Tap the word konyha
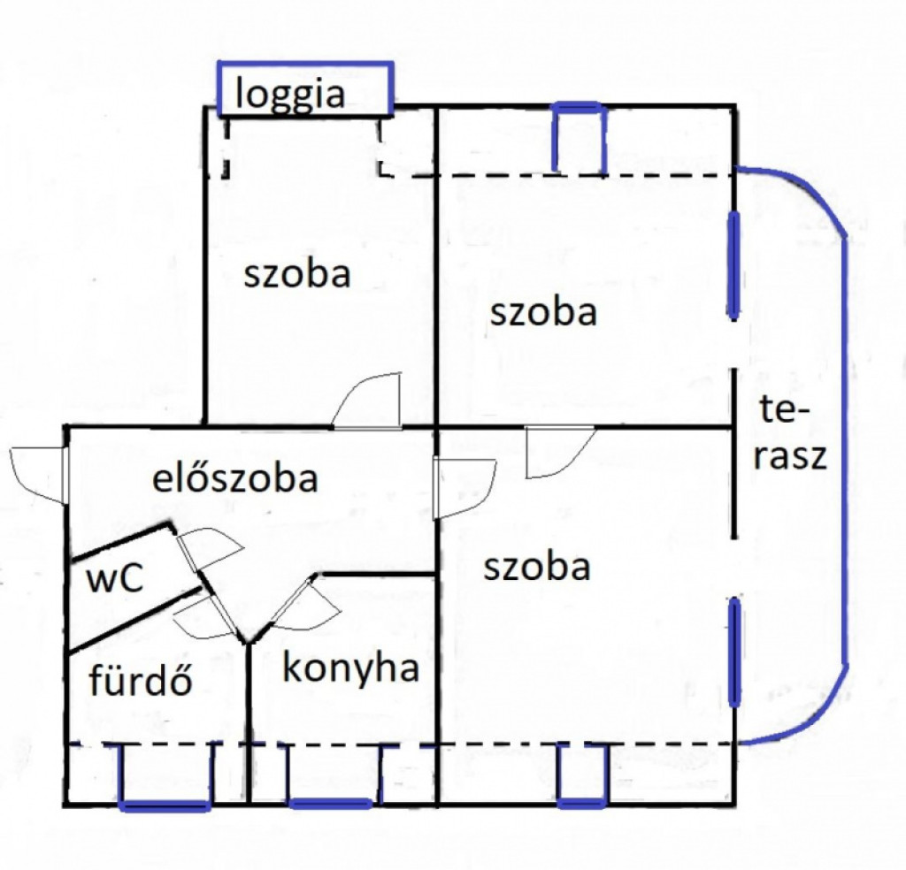350,669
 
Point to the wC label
114,578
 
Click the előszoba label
235,477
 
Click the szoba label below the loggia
297,273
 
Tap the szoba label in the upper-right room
544,312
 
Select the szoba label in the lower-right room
537,567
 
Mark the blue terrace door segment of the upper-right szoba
733,265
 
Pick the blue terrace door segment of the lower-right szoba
734,652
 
